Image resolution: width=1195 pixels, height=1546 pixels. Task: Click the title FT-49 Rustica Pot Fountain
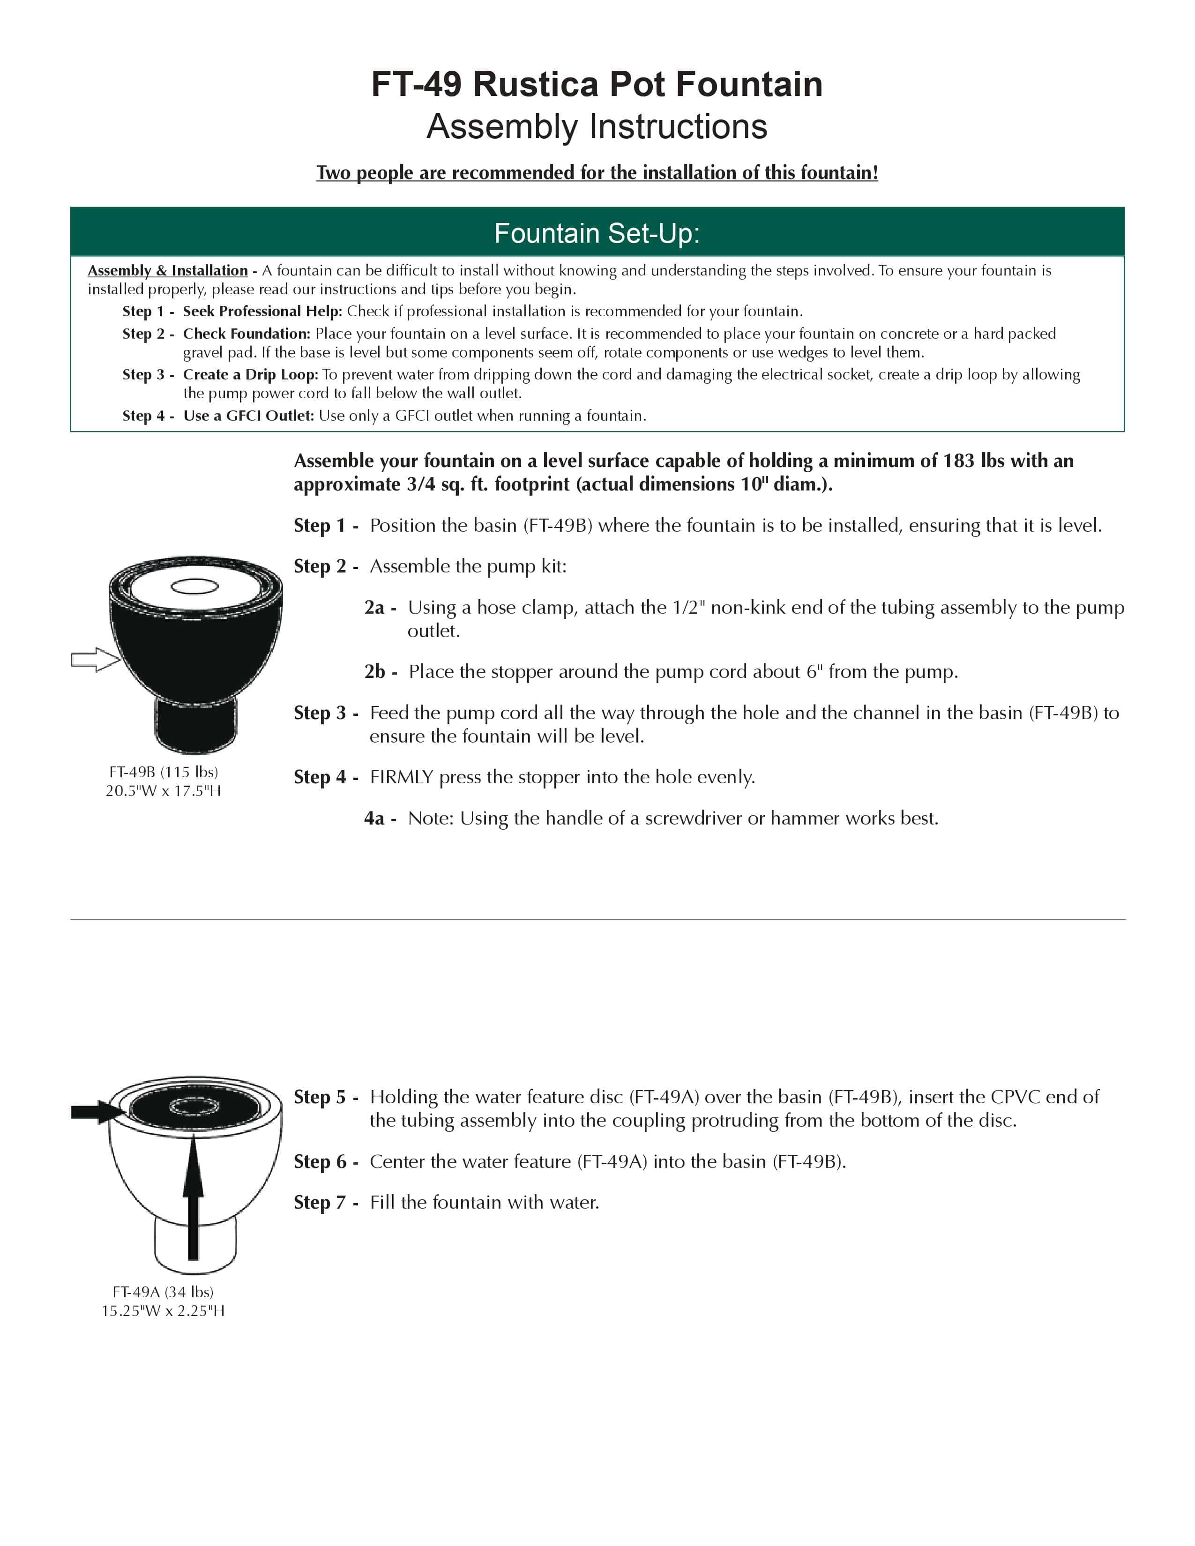[597, 84]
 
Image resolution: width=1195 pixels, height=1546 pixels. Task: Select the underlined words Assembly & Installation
[168, 270]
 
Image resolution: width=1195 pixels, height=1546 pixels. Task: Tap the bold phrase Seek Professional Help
[262, 312]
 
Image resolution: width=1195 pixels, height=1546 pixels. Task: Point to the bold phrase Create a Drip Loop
[251, 374]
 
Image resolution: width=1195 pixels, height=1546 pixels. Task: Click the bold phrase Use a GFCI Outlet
[248, 416]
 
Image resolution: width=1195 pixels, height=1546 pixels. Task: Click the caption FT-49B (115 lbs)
[164, 772]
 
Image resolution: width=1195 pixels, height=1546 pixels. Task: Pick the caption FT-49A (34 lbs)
[163, 1292]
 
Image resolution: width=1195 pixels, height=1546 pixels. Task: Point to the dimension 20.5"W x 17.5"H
[164, 791]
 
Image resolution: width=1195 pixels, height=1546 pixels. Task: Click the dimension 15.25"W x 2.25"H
[163, 1311]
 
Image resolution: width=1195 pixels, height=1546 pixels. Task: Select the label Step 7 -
[326, 1203]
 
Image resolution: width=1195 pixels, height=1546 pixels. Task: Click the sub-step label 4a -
[380, 819]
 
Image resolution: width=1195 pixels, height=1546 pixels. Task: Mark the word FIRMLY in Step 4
[401, 777]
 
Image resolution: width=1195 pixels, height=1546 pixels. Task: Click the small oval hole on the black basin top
[194, 586]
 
